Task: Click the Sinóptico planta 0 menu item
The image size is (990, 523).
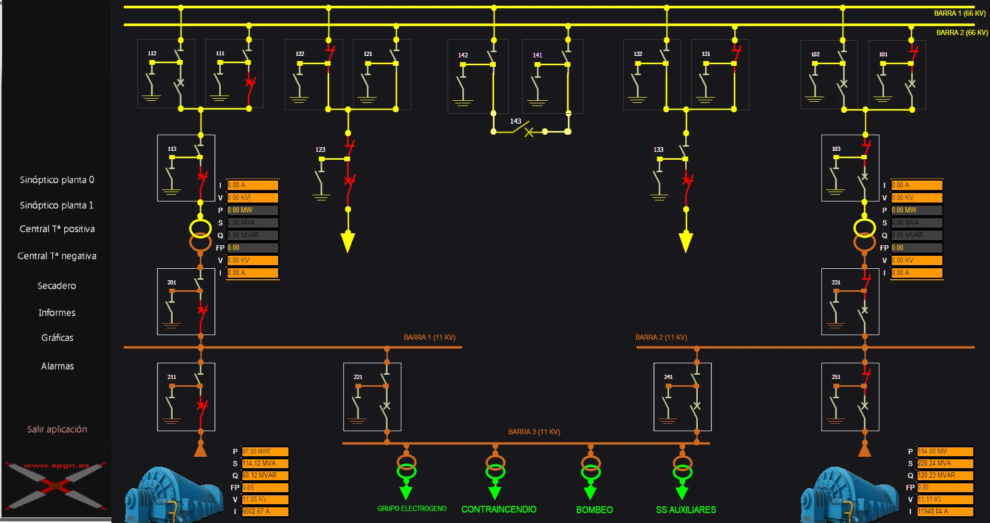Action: (x=57, y=180)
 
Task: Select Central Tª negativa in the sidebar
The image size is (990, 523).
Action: (x=57, y=256)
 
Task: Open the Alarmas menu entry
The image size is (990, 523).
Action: (x=57, y=366)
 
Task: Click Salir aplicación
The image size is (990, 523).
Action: (x=57, y=430)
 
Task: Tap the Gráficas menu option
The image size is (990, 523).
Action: (x=57, y=338)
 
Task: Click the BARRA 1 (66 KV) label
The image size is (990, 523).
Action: (x=959, y=14)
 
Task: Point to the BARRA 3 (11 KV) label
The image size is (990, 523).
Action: (x=534, y=432)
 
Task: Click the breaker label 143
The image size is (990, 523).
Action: (x=516, y=121)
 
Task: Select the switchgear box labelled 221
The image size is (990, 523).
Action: (x=372, y=397)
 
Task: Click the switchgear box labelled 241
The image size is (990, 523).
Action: (x=682, y=397)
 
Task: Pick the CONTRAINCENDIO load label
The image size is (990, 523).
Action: (x=498, y=509)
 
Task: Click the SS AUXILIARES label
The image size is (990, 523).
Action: (x=686, y=510)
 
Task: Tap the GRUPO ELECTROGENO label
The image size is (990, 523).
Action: (x=412, y=509)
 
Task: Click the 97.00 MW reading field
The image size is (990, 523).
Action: (x=265, y=451)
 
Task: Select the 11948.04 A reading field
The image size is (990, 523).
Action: (x=945, y=512)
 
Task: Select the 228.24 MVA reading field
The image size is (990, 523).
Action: (x=945, y=463)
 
